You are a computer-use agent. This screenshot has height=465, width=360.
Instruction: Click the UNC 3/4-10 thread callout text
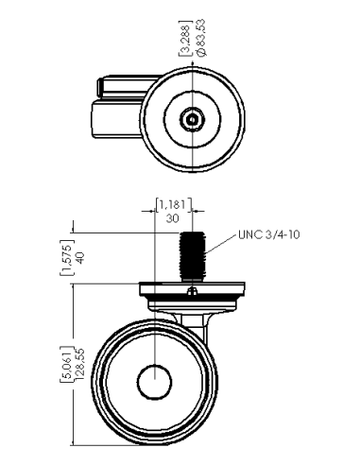pyautogui.click(x=268, y=234)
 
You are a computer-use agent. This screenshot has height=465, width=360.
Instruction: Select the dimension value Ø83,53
pyautogui.click(x=201, y=38)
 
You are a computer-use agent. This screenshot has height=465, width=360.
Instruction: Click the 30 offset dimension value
pyautogui.click(x=173, y=218)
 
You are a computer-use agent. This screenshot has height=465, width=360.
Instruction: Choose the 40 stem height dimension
pyautogui.click(x=79, y=258)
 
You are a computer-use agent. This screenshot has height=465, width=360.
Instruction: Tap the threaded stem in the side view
pyautogui.click(x=193, y=256)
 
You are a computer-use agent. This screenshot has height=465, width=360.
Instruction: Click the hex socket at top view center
pyautogui.click(x=192, y=119)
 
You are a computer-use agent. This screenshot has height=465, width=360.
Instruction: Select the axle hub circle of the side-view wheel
pyautogui.click(x=155, y=382)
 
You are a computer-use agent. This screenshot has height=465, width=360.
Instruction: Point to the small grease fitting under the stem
pyautogui.click(x=192, y=291)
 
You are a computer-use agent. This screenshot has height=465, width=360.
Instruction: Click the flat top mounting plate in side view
pyautogui.click(x=192, y=288)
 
